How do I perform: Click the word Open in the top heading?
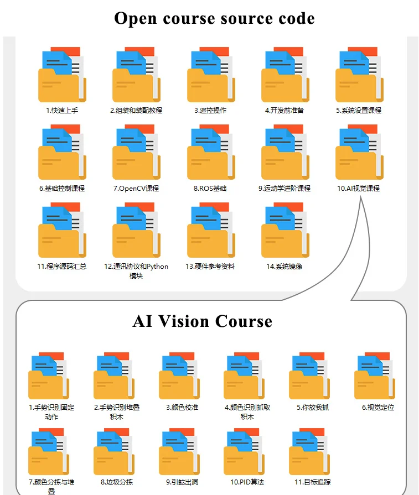tap(135, 19)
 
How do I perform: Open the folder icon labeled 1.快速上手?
tap(62, 75)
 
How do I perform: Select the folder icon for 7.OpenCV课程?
tap(137, 152)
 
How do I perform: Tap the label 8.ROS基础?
tap(210, 189)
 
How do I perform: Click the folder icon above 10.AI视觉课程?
tap(360, 152)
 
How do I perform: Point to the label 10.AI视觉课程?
tap(358, 189)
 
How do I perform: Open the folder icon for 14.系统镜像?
tap(286, 230)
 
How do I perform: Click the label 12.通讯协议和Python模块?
tap(136, 271)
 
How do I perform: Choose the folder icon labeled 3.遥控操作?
tap(211, 75)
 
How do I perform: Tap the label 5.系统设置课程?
tap(359, 111)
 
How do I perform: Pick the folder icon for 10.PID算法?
tap(244, 451)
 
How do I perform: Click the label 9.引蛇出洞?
tap(182, 482)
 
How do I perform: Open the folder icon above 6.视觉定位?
tap(375, 376)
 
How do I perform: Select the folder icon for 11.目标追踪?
tap(309, 451)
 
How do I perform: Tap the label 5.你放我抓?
tap(313, 408)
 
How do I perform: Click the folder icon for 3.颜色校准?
tap(179, 376)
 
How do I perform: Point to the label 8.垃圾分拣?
tap(117, 482)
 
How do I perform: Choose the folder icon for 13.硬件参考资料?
tap(211, 230)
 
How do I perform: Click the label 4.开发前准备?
tap(284, 111)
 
